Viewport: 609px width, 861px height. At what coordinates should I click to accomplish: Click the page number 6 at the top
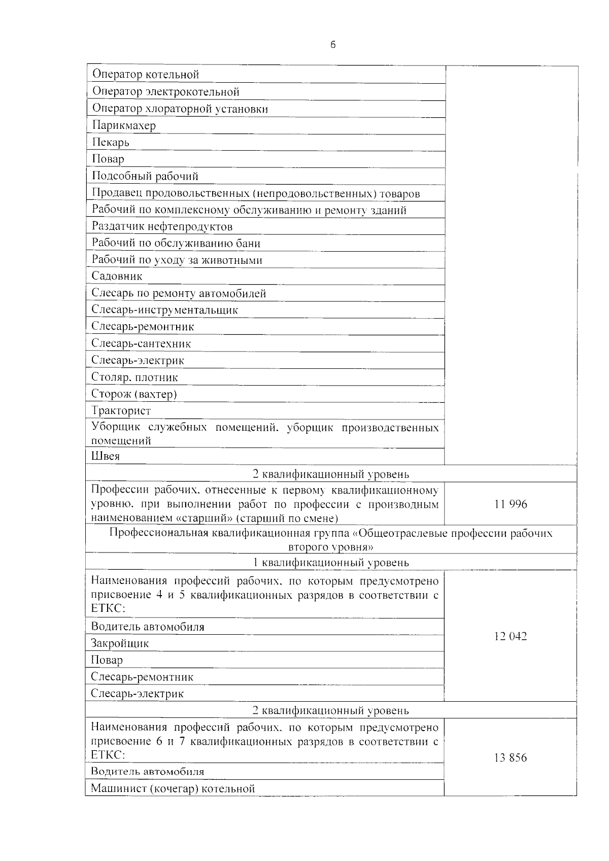tap(333, 45)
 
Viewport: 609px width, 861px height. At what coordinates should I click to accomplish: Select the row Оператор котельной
tap(145, 75)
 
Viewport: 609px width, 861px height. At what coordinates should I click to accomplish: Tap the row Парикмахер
tap(124, 125)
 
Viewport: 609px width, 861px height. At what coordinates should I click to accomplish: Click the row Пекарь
tap(111, 143)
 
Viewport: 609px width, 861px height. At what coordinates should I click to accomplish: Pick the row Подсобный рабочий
tap(145, 176)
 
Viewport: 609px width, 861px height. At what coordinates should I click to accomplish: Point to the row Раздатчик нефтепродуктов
tap(162, 226)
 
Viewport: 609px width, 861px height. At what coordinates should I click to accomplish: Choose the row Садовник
tap(117, 276)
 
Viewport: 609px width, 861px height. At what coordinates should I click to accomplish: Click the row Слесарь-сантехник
tap(141, 343)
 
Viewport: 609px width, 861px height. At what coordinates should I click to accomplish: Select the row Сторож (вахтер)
tap(134, 394)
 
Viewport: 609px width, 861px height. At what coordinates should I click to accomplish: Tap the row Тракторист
tap(121, 410)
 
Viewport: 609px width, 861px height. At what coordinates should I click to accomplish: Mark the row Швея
tap(106, 456)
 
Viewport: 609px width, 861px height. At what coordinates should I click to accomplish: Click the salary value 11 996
tap(511, 504)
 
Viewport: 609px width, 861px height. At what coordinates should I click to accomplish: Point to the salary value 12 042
tap(511, 636)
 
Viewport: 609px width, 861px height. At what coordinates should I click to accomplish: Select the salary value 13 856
tap(511, 757)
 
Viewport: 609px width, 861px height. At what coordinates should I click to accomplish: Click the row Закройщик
tap(120, 643)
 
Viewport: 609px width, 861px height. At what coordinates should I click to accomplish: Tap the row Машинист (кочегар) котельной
tap(173, 788)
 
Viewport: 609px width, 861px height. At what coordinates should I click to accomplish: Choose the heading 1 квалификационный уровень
tap(331, 562)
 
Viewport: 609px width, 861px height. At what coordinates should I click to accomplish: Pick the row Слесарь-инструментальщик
tap(164, 310)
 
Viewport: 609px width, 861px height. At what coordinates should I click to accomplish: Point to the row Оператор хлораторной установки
tap(180, 109)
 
